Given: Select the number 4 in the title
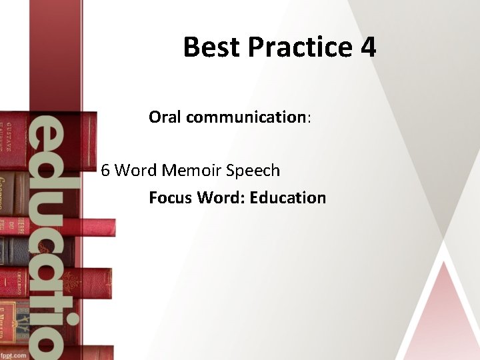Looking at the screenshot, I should point(367,47).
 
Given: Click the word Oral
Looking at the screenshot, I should point(165,117).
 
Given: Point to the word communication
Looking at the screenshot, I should point(245,117).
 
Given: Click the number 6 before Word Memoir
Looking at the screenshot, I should point(105,171).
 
